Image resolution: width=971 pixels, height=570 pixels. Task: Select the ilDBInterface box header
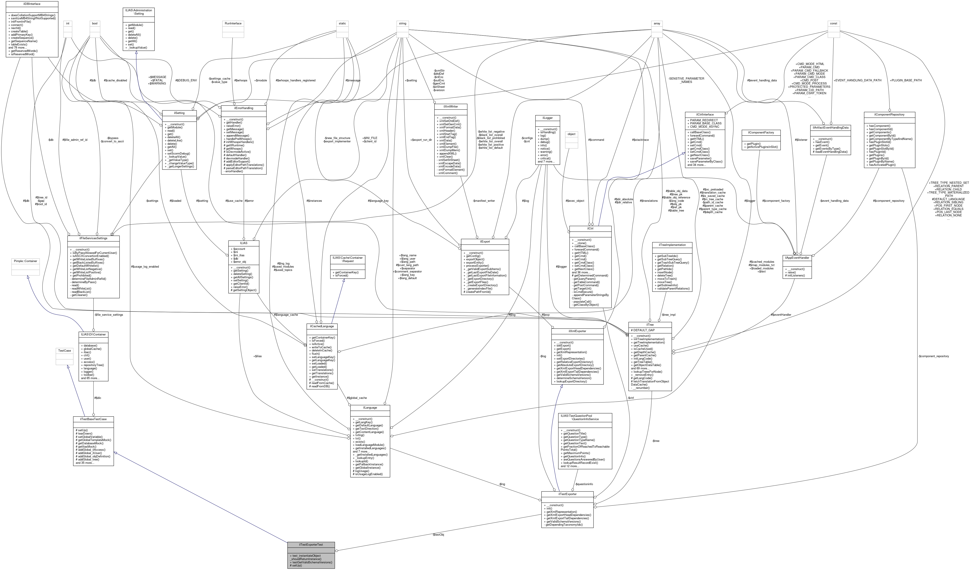32,4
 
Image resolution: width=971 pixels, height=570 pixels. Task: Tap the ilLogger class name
547,118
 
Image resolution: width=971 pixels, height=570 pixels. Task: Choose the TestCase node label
64,351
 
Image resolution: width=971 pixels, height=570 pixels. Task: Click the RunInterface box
233,24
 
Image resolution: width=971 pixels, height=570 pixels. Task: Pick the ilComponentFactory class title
761,133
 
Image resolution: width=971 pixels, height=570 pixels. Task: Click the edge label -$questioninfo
584,484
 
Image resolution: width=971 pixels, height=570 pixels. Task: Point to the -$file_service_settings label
109,315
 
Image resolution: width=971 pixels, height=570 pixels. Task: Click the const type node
833,24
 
